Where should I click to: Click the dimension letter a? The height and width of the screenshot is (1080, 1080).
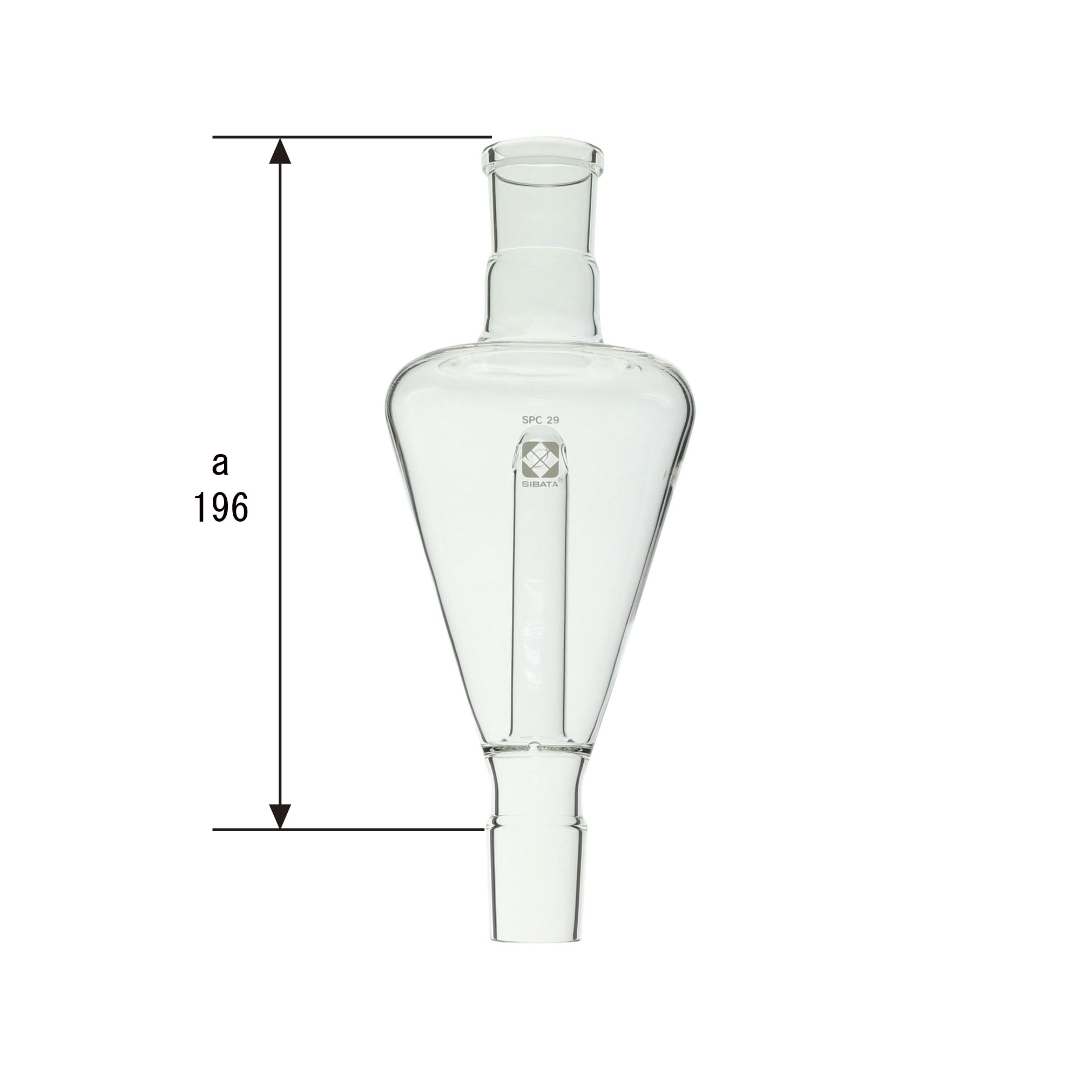pyautogui.click(x=220, y=464)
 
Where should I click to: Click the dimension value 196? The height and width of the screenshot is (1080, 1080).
pyautogui.click(x=221, y=509)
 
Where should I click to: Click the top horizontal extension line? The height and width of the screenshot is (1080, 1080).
pyautogui.click(x=352, y=137)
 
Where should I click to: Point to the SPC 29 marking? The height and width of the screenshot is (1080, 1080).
pyautogui.click(x=541, y=419)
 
